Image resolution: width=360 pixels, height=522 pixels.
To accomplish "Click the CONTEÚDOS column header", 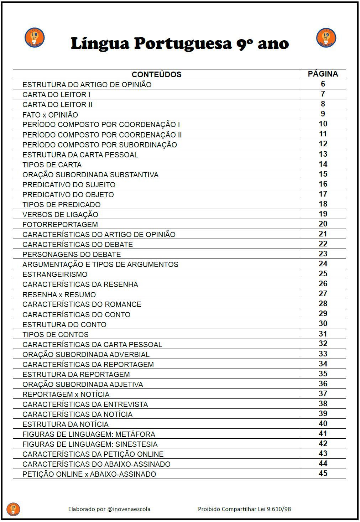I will coord(156,74).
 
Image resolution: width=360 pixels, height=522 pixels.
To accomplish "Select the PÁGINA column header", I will coord(323,74).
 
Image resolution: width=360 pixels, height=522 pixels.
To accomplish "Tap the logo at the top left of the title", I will coord(35,38).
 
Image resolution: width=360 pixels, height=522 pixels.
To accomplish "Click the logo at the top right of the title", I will coord(326,38).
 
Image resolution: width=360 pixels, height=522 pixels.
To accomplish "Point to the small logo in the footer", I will coord(14,509).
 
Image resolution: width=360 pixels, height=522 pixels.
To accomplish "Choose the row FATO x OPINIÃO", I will coord(50,115).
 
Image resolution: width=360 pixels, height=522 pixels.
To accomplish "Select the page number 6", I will coord(323,84).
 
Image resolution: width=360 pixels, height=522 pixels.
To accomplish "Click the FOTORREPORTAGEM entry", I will coord(60,224).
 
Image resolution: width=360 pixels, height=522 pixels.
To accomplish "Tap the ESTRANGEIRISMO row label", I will coord(55,274).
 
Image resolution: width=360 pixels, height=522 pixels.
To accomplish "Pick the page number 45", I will coord(323,474).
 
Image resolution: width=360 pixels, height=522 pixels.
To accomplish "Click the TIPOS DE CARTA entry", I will coord(52,165).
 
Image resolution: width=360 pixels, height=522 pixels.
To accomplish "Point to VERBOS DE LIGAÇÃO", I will coord(60,214).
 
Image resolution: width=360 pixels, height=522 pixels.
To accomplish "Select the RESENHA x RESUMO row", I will coord(59,294).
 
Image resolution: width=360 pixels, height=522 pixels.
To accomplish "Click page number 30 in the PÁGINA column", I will coord(323,324).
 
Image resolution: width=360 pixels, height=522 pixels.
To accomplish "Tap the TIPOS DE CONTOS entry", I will coord(56,334).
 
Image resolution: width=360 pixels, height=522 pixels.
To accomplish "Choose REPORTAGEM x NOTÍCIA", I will coord(66,394).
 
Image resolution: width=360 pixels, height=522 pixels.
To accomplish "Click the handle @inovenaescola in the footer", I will coord(129,509).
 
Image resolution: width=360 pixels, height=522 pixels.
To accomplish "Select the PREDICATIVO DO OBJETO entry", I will coord(68,194).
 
